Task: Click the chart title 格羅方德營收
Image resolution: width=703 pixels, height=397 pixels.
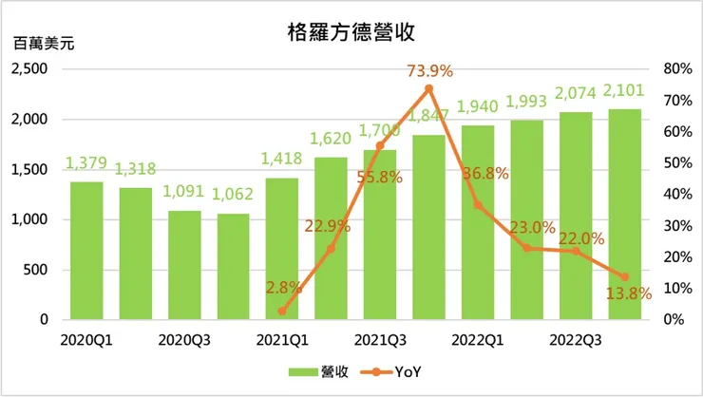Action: pyautogui.click(x=351, y=34)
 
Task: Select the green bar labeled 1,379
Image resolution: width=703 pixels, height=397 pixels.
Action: pyautogui.click(x=85, y=251)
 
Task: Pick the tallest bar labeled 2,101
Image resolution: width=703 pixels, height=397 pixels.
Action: pyautogui.click(x=624, y=215)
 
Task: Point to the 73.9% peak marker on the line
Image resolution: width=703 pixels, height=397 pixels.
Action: pyautogui.click(x=428, y=88)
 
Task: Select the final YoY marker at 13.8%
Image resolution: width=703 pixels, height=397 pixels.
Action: pyautogui.click(x=624, y=276)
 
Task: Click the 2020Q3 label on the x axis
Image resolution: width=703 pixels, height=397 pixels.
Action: pyautogui.click(x=184, y=338)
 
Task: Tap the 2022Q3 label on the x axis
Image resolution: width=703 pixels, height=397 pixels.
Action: pyautogui.click(x=575, y=338)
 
